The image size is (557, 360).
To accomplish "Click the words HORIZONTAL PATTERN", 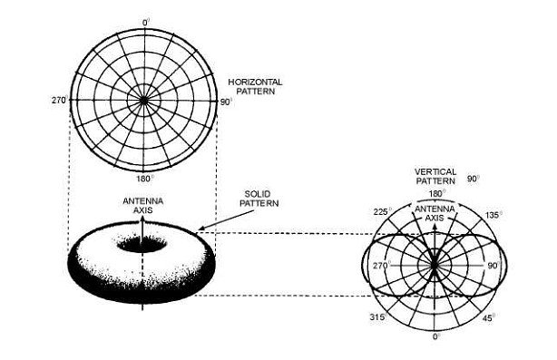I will (x=255, y=86).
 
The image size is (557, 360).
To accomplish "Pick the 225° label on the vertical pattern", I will (x=382, y=213).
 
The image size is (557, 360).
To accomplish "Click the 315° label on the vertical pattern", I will (x=379, y=316).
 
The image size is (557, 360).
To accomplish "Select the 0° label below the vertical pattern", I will (x=436, y=336).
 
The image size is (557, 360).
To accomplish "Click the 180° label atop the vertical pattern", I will (x=436, y=193).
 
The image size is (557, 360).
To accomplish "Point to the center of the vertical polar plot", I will (x=436, y=267).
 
